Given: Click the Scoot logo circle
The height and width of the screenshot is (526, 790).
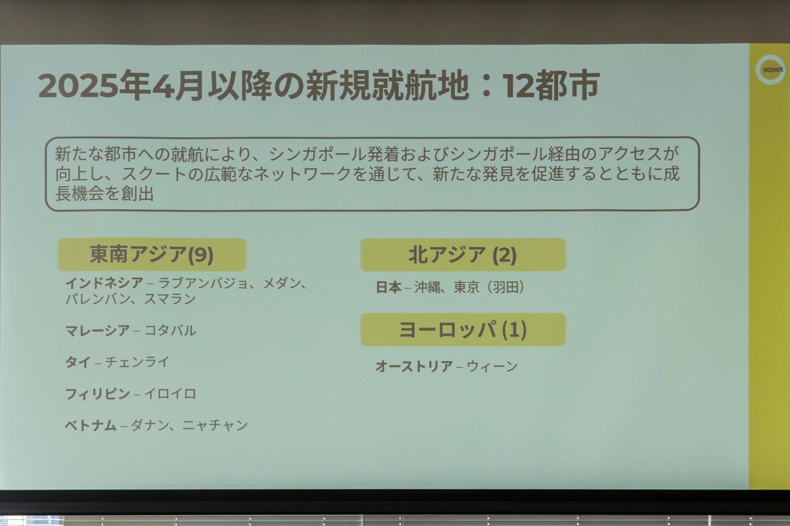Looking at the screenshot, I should click(771, 70).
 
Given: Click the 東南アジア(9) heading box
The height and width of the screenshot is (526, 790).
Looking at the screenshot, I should click(152, 255).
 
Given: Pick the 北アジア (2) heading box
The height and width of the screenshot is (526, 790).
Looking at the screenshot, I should click(463, 255).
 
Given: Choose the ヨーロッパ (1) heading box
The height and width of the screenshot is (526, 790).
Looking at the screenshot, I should click(463, 330).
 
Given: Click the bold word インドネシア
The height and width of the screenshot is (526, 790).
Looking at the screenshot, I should click(104, 283).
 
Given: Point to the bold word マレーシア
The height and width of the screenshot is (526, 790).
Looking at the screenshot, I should click(98, 330).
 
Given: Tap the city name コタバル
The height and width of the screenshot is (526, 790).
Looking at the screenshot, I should click(170, 330).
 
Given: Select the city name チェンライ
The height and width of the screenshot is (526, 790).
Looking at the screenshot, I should click(137, 362).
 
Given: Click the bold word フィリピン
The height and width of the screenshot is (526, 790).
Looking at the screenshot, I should click(98, 394).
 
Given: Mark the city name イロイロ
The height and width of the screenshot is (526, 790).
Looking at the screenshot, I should click(170, 394).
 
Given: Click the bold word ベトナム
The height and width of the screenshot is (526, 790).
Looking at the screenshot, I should click(91, 425).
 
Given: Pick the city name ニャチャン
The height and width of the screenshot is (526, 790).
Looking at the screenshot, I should click(215, 425).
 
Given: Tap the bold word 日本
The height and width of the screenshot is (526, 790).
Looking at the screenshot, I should click(388, 287).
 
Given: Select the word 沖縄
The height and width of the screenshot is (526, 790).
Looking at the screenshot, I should click(427, 287).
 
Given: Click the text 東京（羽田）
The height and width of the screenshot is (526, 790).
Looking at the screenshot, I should click(489, 287).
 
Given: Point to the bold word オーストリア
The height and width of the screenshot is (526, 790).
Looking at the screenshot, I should click(414, 366).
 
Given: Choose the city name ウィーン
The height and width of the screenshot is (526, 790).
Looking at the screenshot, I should click(492, 366).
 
